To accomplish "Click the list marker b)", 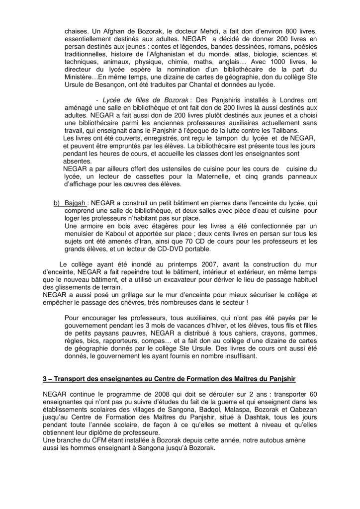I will pos(56,203).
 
